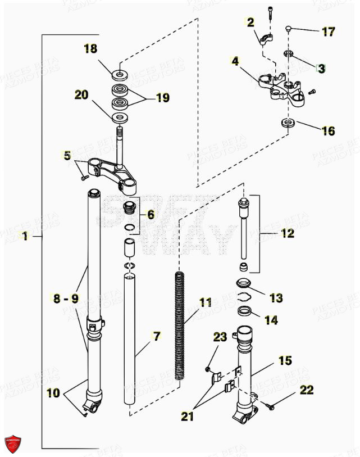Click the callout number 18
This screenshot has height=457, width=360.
(x=90, y=49)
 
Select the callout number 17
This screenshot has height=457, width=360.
(x=327, y=31)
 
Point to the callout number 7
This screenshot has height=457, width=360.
(x=156, y=337)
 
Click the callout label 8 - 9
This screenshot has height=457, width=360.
(x=66, y=299)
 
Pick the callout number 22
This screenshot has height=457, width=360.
(x=306, y=390)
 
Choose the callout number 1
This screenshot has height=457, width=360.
(x=24, y=237)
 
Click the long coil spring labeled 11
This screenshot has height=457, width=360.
(x=180, y=326)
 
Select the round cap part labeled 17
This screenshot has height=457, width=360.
(x=289, y=28)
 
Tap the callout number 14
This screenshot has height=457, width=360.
(x=271, y=320)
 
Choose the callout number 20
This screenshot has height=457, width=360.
(x=81, y=96)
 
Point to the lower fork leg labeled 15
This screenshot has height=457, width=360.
(x=245, y=371)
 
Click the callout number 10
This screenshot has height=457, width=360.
(x=53, y=394)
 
